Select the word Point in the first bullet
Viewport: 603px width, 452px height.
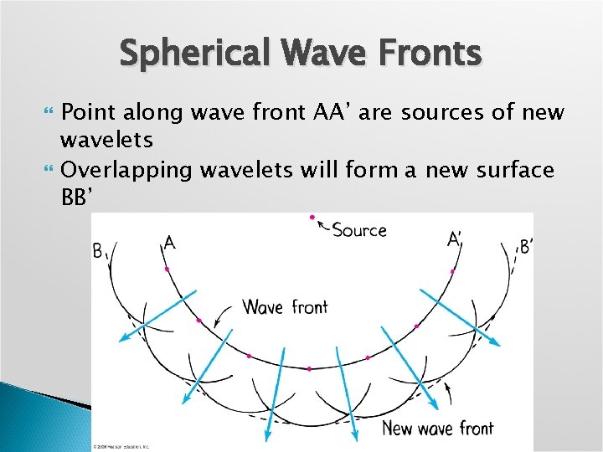tap(91, 112)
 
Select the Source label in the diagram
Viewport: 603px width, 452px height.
tap(359, 230)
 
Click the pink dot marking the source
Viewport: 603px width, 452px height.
tap(312, 218)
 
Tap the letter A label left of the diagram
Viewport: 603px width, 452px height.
tap(169, 243)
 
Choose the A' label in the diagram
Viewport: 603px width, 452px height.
tap(455, 240)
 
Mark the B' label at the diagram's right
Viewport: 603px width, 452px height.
tap(527, 246)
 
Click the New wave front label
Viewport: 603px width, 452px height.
tap(437, 429)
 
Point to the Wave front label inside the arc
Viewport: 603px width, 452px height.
tap(285, 307)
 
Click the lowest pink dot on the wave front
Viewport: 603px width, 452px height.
tap(309, 368)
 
